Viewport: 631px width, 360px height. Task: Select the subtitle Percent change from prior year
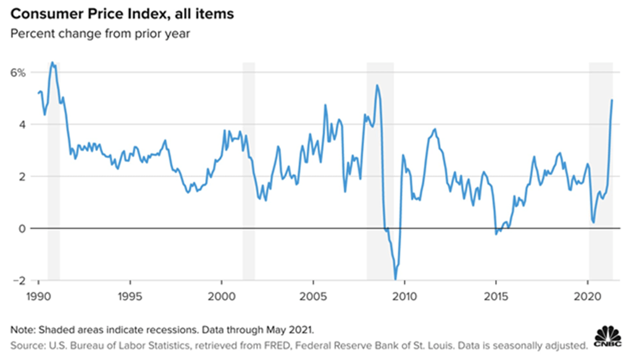click(x=99, y=33)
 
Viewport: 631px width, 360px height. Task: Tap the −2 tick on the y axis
click(x=19, y=280)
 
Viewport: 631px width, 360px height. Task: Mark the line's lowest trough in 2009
click(x=395, y=279)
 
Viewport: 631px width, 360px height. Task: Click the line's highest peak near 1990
click(x=52, y=62)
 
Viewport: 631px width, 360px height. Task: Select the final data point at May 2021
click(x=612, y=100)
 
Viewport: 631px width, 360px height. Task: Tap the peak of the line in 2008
click(x=377, y=85)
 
